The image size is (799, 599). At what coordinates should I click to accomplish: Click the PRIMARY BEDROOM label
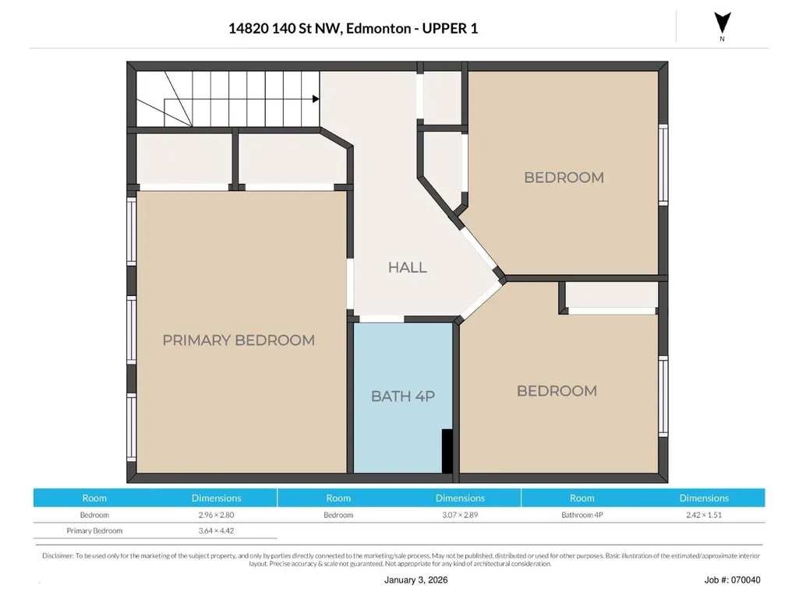click(239, 340)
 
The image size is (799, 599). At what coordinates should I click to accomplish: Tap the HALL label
click(407, 267)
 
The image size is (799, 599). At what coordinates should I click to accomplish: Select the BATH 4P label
click(402, 396)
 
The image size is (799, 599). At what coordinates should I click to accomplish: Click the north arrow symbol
click(722, 23)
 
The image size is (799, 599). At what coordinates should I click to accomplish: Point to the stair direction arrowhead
click(316, 99)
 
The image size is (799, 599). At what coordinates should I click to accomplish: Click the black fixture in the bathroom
click(447, 451)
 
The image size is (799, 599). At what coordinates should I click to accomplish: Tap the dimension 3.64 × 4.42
click(216, 530)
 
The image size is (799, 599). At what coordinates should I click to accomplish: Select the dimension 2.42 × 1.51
click(704, 515)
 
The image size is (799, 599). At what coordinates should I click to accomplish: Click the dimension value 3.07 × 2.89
click(460, 515)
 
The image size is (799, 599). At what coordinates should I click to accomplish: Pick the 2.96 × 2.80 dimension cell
click(216, 515)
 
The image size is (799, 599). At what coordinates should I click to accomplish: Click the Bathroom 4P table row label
click(582, 515)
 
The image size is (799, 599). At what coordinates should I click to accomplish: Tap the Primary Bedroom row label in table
click(94, 530)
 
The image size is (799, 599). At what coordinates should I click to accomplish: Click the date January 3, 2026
click(415, 580)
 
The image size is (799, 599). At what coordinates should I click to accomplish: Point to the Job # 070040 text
click(732, 580)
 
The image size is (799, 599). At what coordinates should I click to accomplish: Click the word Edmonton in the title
click(379, 29)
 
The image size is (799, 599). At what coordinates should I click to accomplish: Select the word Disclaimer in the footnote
click(58, 555)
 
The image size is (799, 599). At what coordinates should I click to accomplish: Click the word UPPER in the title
click(444, 29)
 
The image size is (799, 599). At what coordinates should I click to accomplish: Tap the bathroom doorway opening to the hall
click(382, 319)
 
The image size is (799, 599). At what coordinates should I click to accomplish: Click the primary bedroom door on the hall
click(350, 284)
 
